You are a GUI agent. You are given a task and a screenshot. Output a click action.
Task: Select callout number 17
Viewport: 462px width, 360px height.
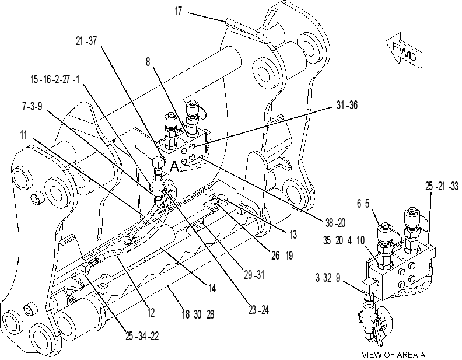coord(178,12)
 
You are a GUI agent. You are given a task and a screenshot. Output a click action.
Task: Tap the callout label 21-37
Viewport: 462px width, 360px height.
coord(86,41)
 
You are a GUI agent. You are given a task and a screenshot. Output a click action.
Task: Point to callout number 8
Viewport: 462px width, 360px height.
coord(148,62)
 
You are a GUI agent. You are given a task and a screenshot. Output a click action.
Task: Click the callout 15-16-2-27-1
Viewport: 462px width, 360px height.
coord(55,79)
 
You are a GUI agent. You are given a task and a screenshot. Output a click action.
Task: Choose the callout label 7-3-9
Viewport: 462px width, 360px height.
coord(32,106)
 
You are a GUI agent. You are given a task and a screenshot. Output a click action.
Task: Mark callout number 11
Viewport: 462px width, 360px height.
coord(23,135)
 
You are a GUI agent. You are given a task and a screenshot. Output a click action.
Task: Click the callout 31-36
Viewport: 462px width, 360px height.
coord(347,105)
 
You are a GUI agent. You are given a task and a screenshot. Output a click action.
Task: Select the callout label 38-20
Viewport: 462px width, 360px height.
coord(335,223)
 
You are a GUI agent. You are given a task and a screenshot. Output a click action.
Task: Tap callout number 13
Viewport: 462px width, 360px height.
coord(293,235)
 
